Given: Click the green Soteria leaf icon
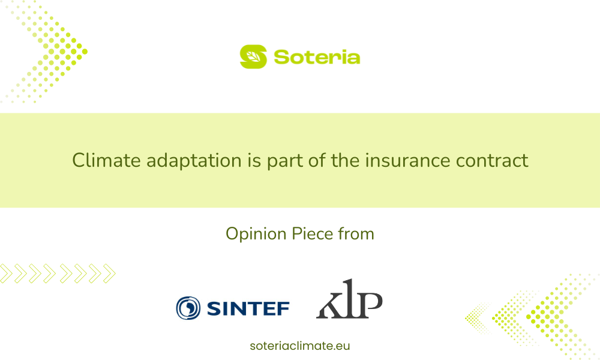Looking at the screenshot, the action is pyautogui.click(x=253, y=56).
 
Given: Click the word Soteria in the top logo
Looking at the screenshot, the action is pyautogui.click(x=317, y=58).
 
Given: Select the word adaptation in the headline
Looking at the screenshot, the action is pyautogui.click(x=194, y=161).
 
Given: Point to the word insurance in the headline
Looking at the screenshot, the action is pyautogui.click(x=407, y=160).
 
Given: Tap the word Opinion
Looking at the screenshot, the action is pyautogui.click(x=256, y=234).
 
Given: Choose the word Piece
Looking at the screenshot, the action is pyautogui.click(x=312, y=234).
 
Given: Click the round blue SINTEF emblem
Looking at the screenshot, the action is pyautogui.click(x=188, y=308).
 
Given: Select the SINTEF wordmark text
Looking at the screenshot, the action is pyautogui.click(x=248, y=308).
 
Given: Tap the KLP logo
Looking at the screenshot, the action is pyautogui.click(x=349, y=299).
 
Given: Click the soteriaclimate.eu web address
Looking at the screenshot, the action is pyautogui.click(x=300, y=346).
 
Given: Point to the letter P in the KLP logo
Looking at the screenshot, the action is pyautogui.click(x=370, y=305).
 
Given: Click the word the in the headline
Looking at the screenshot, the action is pyautogui.click(x=344, y=160).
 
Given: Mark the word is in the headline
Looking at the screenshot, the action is pyautogui.click(x=254, y=160).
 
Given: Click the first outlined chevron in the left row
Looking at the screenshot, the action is pyautogui.click(x=6, y=274).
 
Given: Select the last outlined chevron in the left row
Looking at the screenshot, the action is pyautogui.click(x=109, y=274).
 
